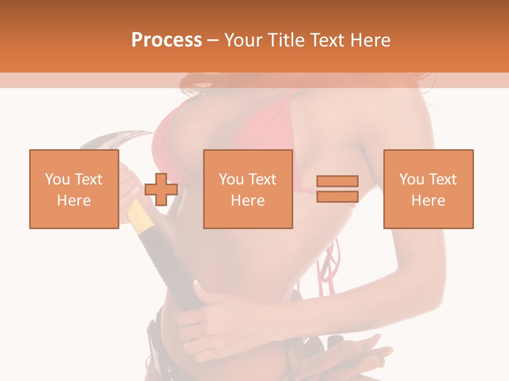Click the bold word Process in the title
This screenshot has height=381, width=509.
point(166,40)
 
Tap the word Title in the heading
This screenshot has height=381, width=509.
point(285,40)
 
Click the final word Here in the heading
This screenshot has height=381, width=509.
point(371,40)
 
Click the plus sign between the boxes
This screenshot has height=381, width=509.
point(161,189)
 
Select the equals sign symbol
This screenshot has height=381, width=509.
point(337,189)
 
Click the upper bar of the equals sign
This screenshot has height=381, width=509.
point(337,182)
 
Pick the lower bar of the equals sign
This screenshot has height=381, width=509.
point(337,196)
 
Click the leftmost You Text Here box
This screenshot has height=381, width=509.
point(74,189)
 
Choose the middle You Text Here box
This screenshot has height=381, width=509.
point(248,189)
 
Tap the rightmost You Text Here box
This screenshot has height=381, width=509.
point(428,189)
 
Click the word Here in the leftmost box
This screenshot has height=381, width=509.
point(74,201)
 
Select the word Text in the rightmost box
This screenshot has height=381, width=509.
point(442,179)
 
